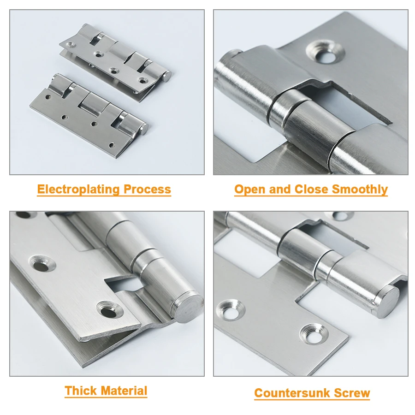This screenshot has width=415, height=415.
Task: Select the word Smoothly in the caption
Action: [x=360, y=190]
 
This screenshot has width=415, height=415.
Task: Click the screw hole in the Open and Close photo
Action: [x=327, y=53]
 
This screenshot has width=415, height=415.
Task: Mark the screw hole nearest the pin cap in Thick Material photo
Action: [x=107, y=310]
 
